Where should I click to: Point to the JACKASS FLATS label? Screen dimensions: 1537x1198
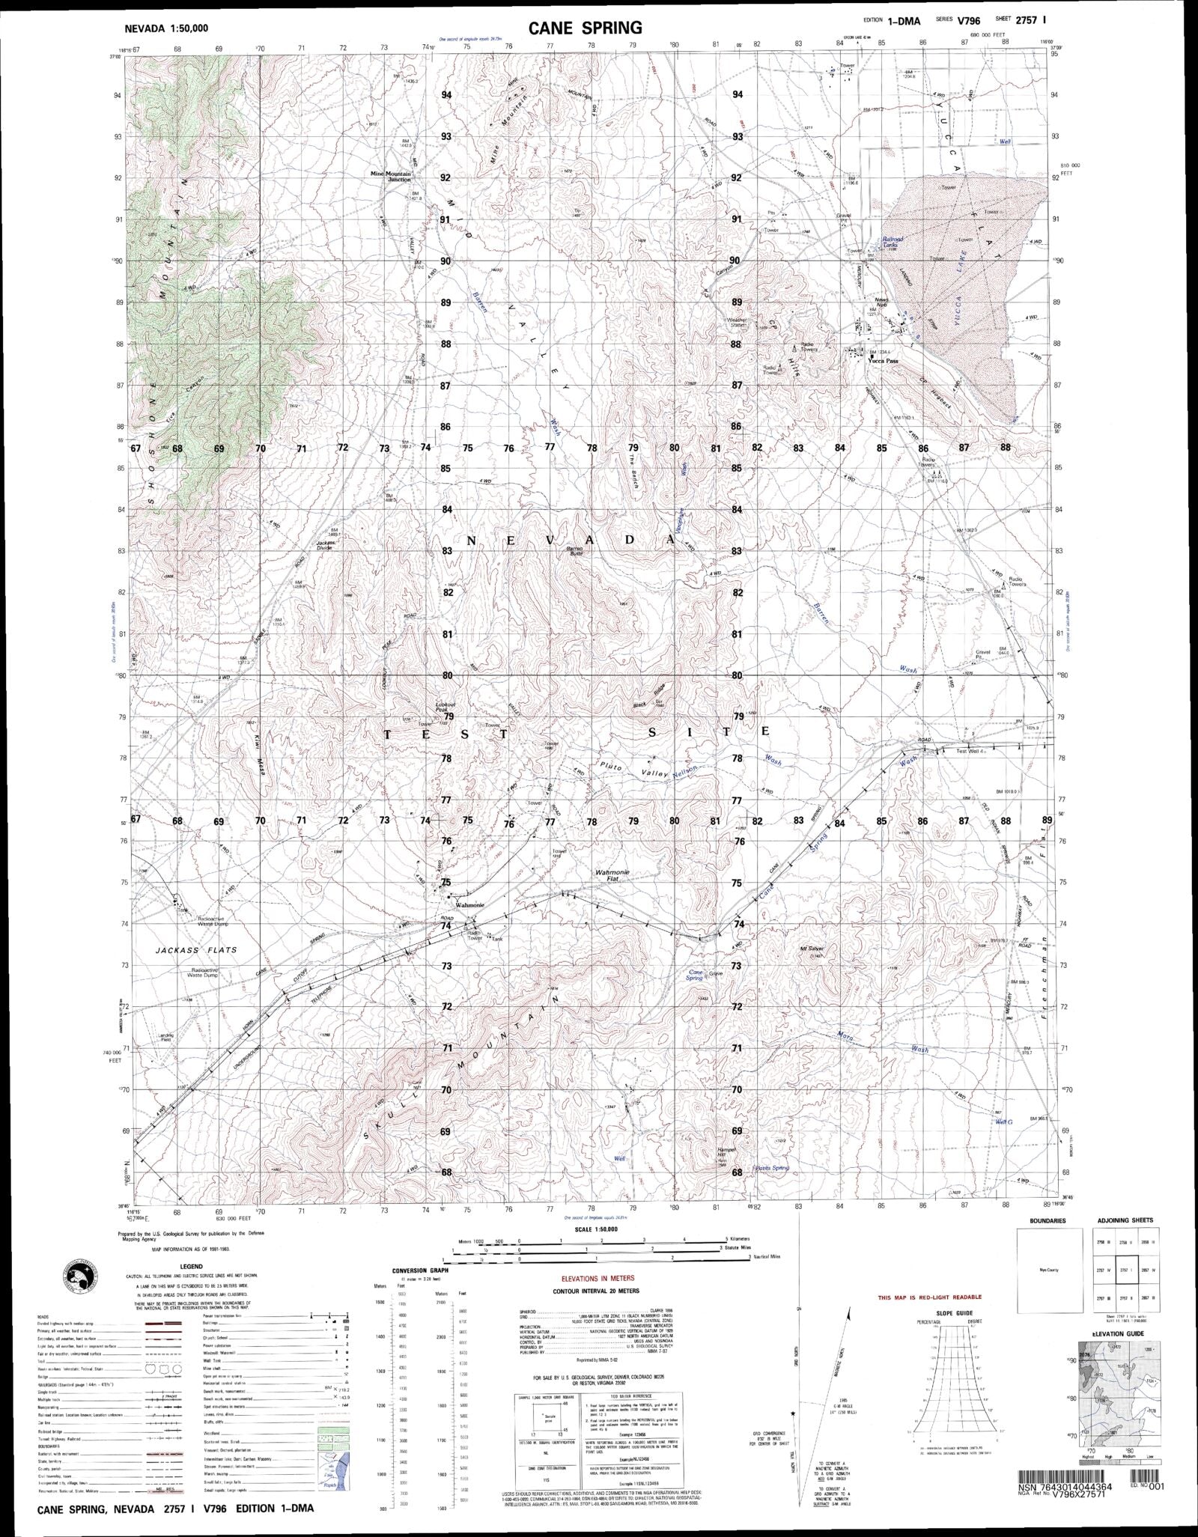pyautogui.click(x=197, y=949)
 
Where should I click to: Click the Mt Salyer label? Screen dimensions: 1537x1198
pyautogui.click(x=812, y=949)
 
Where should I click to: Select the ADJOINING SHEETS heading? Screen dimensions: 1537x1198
pyautogui.click(x=1125, y=1220)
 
